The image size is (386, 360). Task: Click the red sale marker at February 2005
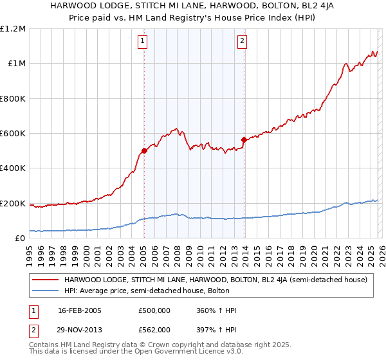point(144,151)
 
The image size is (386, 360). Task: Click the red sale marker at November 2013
point(244,139)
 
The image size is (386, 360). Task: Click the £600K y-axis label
point(13,134)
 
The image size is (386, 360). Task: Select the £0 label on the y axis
point(21,239)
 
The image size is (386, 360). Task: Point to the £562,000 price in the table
point(154,329)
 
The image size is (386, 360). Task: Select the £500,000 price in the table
point(154,310)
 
